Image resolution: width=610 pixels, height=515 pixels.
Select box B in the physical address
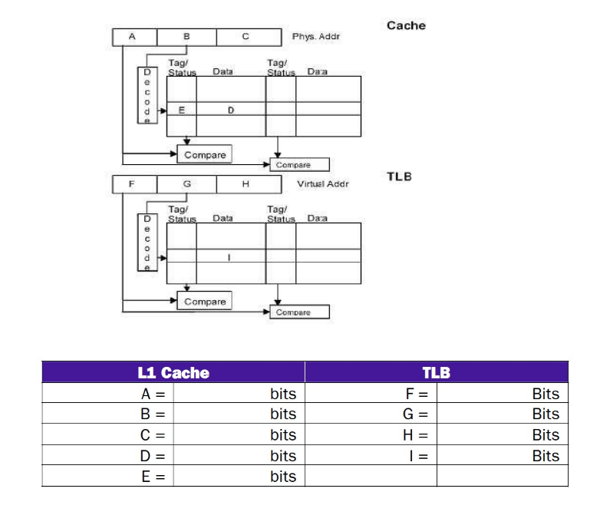coord(186,36)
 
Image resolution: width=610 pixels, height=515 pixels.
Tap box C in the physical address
coord(246,36)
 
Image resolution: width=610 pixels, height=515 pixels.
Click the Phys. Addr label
coord(315,37)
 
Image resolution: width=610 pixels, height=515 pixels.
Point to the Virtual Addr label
coord(322,184)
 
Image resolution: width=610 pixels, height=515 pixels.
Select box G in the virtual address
coord(186,184)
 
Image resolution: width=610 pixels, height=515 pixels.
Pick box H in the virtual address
coord(246,184)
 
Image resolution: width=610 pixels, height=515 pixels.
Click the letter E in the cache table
coord(182,111)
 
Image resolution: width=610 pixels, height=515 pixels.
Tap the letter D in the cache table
coord(230,111)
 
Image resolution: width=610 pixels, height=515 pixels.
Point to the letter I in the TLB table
coord(229,258)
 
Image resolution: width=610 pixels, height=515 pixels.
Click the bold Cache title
coord(406,25)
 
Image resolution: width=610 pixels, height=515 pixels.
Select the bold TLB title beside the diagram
coord(400,177)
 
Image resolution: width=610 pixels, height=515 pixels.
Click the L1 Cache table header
coord(173,373)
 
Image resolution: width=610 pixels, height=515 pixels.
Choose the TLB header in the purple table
coord(436,373)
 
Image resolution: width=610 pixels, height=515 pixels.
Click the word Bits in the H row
coord(546,435)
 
